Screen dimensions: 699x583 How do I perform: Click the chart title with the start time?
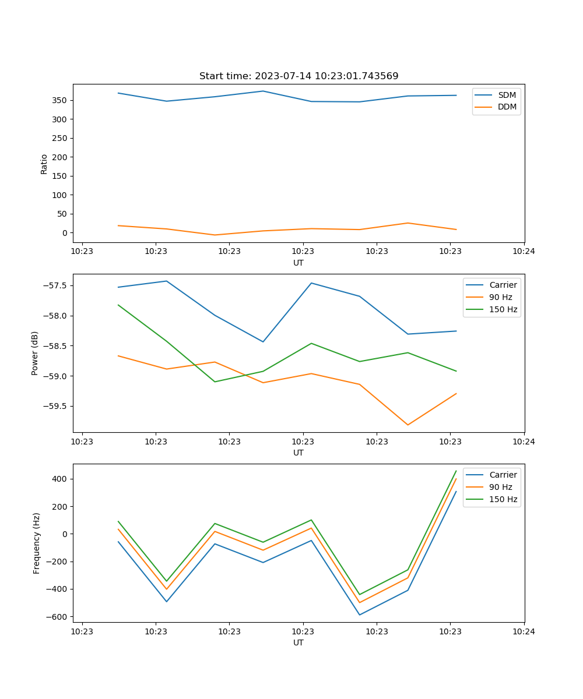tap(298, 76)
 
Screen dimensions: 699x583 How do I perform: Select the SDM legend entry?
tap(507, 95)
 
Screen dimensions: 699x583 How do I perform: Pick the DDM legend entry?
tap(507, 107)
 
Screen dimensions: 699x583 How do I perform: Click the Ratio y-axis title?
tap(44, 164)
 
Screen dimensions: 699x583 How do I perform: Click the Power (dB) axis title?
tap(36, 353)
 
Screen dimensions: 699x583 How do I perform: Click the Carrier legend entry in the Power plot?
tap(503, 285)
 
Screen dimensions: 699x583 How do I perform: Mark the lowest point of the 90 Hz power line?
tap(408, 425)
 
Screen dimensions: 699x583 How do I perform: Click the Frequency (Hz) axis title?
tap(37, 543)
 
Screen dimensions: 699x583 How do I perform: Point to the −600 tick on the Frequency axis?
tap(57, 616)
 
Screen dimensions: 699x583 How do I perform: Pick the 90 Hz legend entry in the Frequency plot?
tap(500, 487)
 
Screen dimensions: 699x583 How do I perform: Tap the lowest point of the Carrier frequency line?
tap(360, 615)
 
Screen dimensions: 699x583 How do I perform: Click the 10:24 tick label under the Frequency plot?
tap(524, 631)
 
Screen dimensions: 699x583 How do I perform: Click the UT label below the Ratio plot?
tap(298, 263)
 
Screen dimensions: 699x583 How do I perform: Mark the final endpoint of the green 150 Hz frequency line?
tap(456, 471)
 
